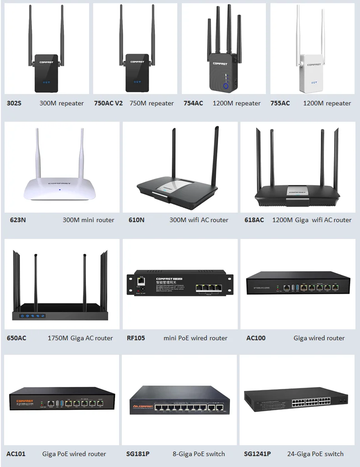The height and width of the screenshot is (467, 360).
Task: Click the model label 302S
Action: click(14, 103)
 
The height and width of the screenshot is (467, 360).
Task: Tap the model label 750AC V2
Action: click(108, 103)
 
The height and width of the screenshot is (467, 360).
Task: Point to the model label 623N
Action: click(18, 220)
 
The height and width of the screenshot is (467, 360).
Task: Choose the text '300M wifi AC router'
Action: click(199, 220)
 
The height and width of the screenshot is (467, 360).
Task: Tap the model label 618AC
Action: click(254, 220)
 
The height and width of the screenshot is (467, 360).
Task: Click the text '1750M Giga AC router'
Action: click(80, 338)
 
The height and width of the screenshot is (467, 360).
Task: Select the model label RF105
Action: click(136, 338)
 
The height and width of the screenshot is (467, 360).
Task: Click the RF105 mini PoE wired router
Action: click(180, 285)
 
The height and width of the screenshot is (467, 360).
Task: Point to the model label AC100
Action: click(256, 338)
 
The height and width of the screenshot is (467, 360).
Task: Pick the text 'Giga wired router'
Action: click(319, 338)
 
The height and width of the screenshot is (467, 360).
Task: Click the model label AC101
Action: click(16, 454)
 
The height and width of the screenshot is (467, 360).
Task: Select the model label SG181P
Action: click(138, 454)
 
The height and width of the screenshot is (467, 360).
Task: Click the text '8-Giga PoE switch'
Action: click(199, 454)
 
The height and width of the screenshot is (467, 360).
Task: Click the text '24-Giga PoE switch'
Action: click(315, 454)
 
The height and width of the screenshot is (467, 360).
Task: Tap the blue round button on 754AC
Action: click(226, 85)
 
